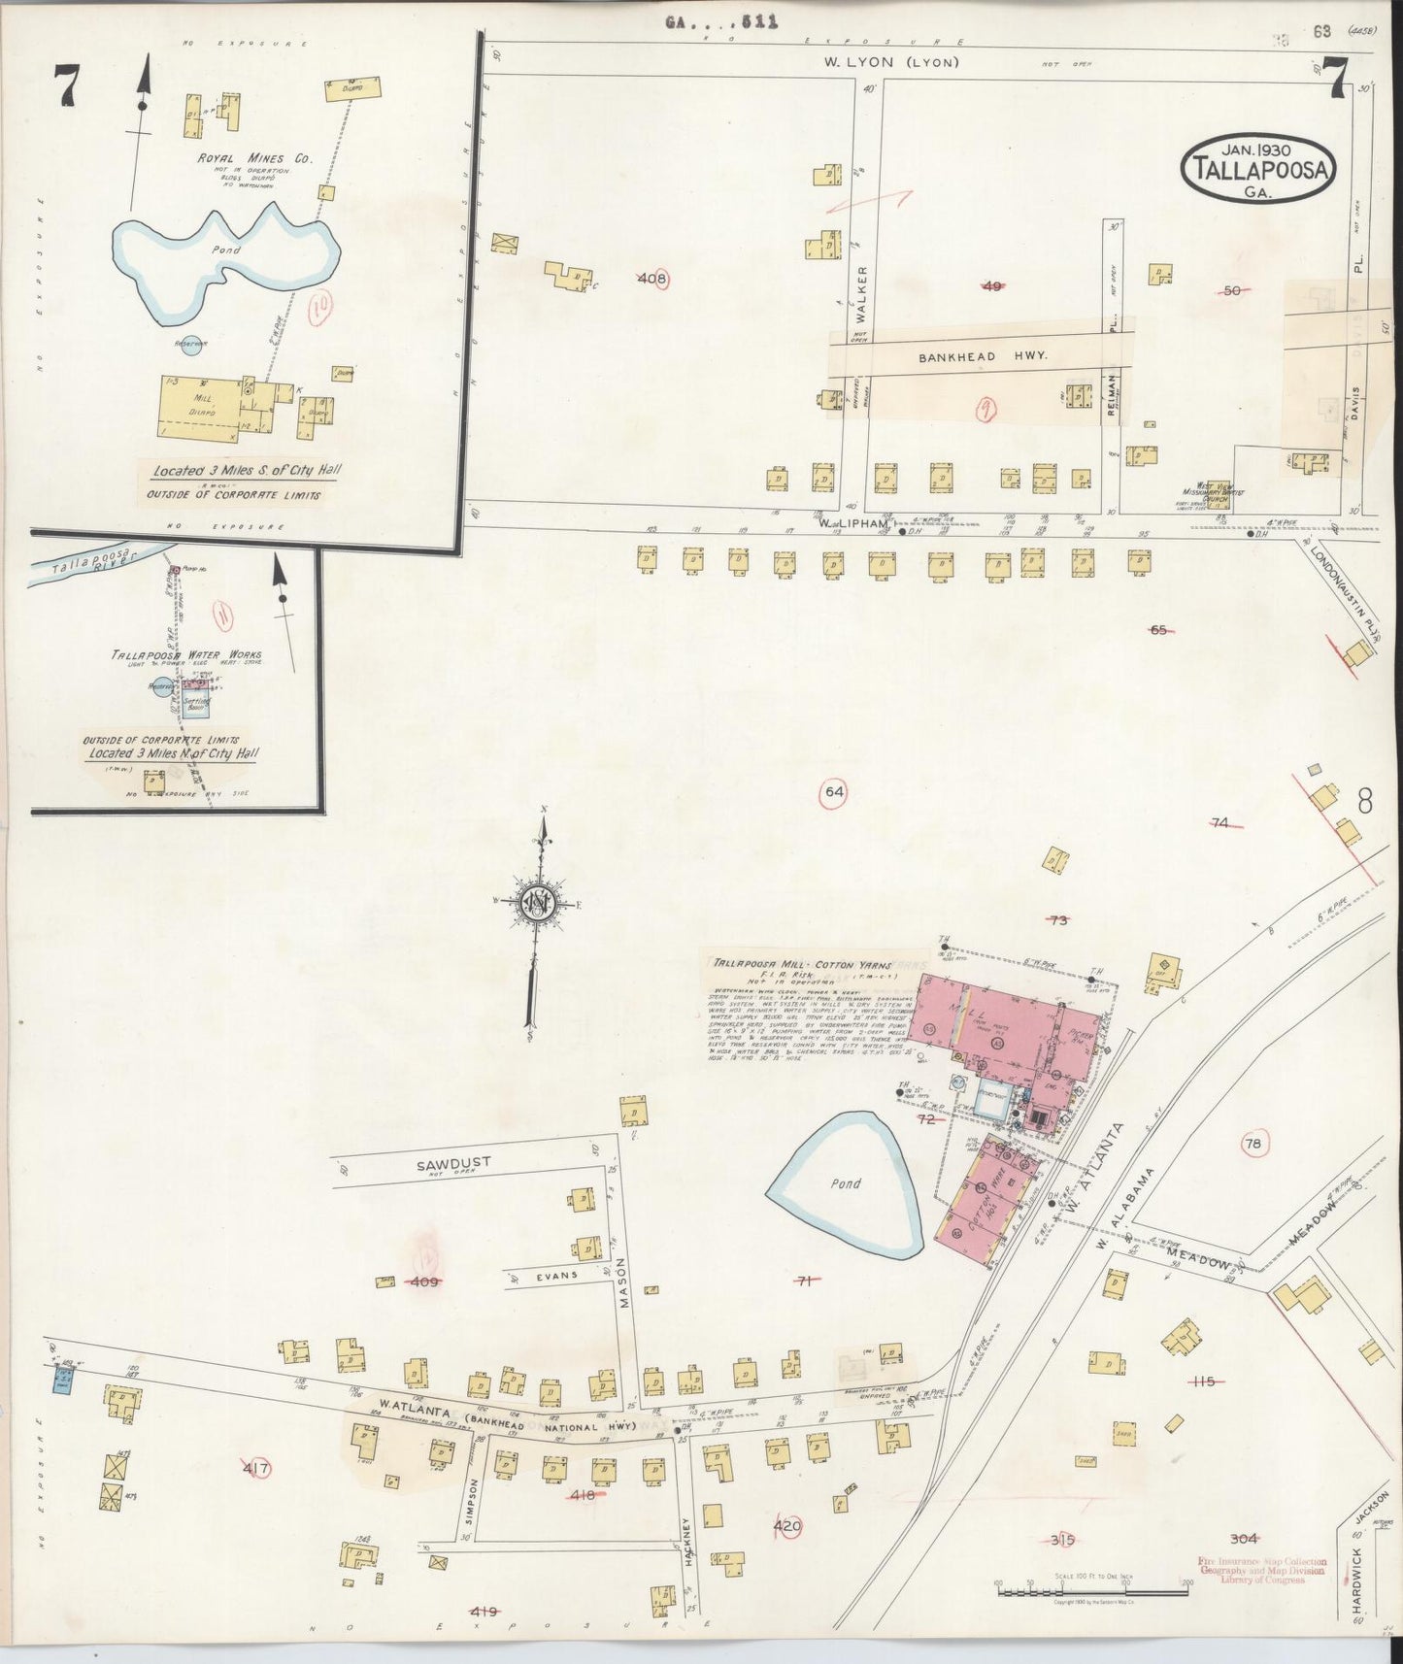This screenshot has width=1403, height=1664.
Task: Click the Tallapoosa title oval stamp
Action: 1259,167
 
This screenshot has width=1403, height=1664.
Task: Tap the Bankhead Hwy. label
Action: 984,356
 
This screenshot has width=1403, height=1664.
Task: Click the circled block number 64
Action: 834,791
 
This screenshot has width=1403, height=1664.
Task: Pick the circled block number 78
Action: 1253,1144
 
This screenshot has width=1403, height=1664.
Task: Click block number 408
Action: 653,280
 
